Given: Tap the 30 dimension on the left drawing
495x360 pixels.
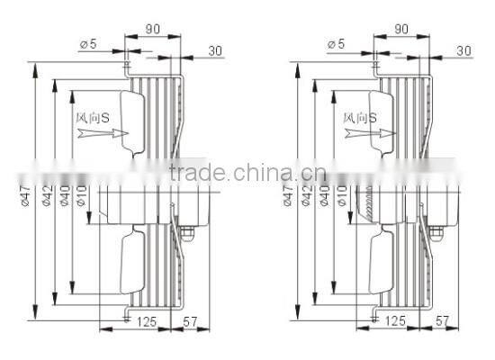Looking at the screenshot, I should (x=215, y=50).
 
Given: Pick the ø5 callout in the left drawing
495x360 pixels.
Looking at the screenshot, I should (x=88, y=43).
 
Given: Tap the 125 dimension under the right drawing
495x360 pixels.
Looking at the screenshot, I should (x=394, y=320).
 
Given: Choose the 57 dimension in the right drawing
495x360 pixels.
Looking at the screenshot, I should (x=443, y=320).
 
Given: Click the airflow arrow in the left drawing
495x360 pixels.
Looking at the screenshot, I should (x=103, y=133).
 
